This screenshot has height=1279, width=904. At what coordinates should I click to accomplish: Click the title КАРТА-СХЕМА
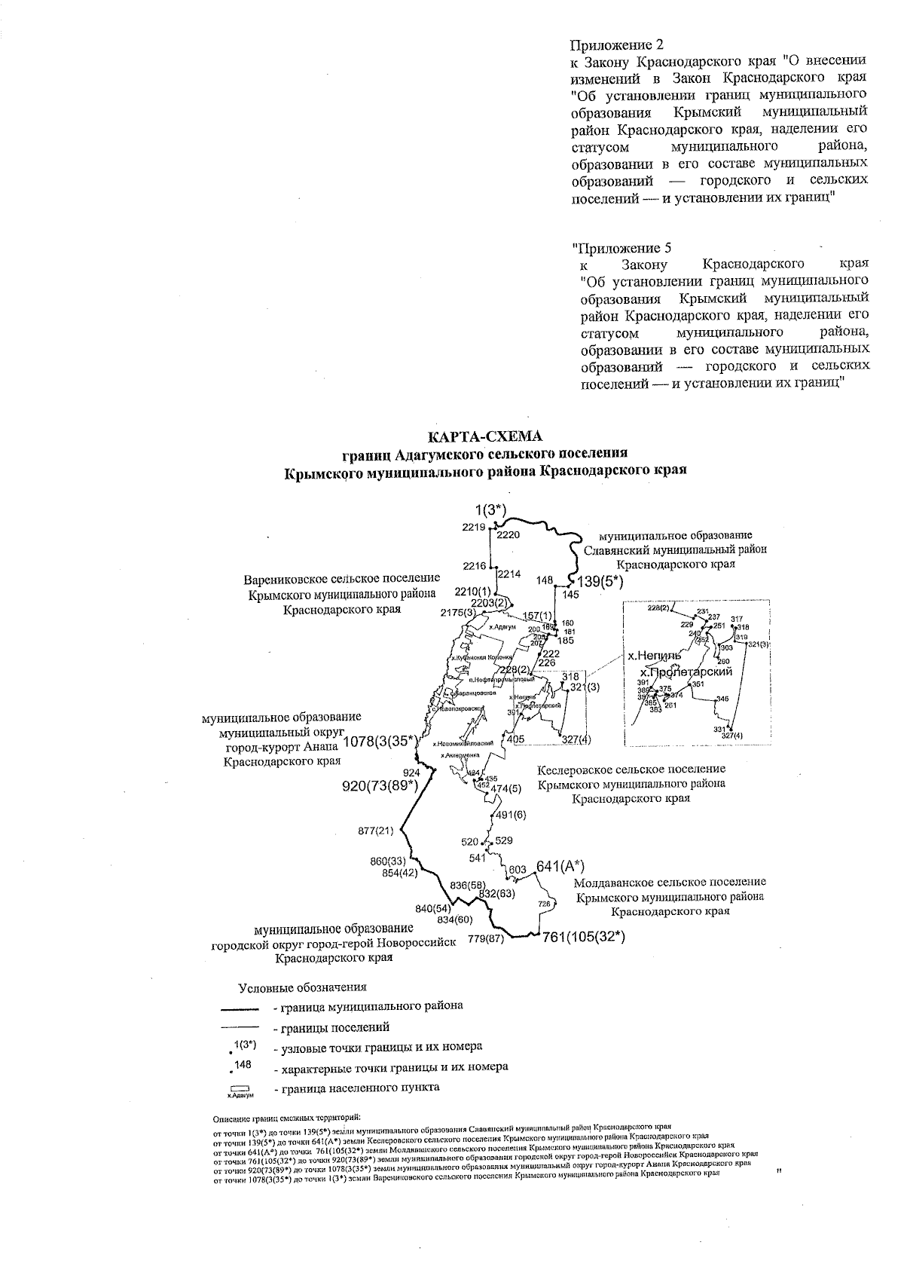pyautogui.click(x=485, y=437)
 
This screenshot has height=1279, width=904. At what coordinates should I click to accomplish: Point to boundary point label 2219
pyautogui.click(x=474, y=527)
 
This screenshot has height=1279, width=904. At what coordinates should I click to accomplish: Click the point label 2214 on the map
pyautogui.click(x=509, y=574)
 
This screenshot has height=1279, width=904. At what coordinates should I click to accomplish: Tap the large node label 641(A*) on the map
pyautogui.click(x=560, y=865)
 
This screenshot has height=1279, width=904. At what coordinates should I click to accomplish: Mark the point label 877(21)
pyautogui.click(x=376, y=831)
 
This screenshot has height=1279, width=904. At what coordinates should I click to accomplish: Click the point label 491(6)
pyautogui.click(x=511, y=815)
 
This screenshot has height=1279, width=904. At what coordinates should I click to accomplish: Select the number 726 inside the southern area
pyautogui.click(x=545, y=903)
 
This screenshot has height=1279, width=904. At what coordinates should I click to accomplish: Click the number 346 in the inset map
pyautogui.click(x=722, y=699)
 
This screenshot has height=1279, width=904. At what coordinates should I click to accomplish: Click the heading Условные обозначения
pyautogui.click(x=302, y=987)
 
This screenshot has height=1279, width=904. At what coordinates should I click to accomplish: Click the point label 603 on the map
pyautogui.click(x=518, y=869)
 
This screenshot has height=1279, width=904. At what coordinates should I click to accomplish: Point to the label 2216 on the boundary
pyautogui.click(x=474, y=565)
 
